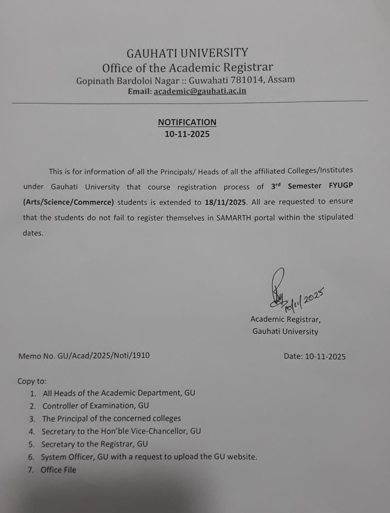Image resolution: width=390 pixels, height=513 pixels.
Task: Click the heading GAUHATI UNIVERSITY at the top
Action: click(x=187, y=53)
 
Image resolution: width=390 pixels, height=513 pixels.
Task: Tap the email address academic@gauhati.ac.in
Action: click(x=200, y=91)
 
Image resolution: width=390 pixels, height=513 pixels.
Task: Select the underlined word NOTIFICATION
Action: click(x=187, y=122)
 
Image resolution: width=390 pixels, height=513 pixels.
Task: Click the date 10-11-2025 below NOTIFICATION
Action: click(x=187, y=134)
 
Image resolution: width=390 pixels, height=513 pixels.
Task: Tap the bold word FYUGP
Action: click(x=341, y=186)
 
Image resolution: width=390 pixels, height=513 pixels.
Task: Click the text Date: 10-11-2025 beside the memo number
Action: click(x=315, y=357)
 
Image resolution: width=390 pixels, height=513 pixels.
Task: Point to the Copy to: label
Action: click(x=32, y=381)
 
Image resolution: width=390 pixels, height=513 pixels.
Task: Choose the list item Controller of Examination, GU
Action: click(x=96, y=406)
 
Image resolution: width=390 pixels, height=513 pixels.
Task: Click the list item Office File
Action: click(x=58, y=470)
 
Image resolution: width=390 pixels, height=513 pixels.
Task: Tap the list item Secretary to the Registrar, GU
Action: click(x=95, y=444)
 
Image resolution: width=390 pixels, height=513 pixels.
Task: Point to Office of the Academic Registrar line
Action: click(x=187, y=68)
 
